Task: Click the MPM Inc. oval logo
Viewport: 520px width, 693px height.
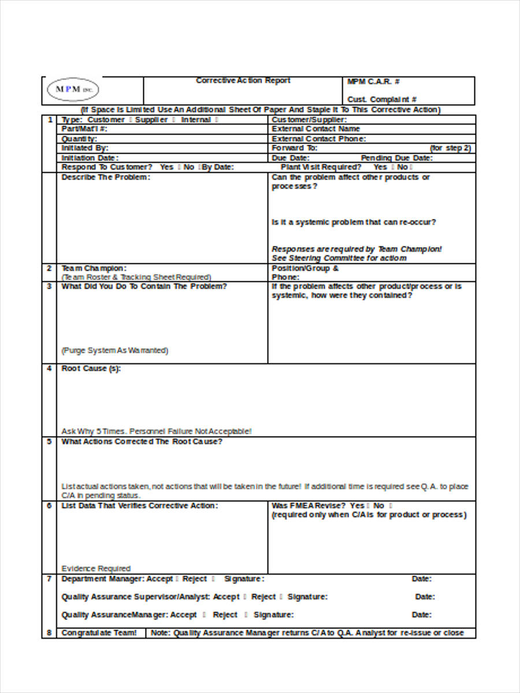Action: pyautogui.click(x=74, y=90)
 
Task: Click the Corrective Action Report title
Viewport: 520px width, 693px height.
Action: pyautogui.click(x=243, y=81)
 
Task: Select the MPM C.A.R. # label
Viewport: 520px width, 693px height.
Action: pyautogui.click(x=374, y=82)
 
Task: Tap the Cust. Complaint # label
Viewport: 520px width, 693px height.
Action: pyautogui.click(x=382, y=99)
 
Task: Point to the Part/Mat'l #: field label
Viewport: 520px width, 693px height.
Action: pyautogui.click(x=84, y=129)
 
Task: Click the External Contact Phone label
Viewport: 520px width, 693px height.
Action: pyautogui.click(x=319, y=139)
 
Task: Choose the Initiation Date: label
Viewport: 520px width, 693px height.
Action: pyautogui.click(x=90, y=158)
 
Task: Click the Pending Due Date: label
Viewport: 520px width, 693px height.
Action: pyautogui.click(x=397, y=158)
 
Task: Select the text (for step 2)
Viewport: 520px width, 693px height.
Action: pyautogui.click(x=451, y=148)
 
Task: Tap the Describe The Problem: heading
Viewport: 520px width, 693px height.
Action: pyautogui.click(x=106, y=177)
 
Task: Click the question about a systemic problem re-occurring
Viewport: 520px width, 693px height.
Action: pyautogui.click(x=354, y=222)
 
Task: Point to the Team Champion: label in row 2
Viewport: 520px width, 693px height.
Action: pyautogui.click(x=94, y=269)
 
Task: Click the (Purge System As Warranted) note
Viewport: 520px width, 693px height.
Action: pyautogui.click(x=115, y=351)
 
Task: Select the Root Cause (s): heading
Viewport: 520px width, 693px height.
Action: pyautogui.click(x=91, y=369)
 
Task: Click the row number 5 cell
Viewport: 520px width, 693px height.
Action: pyautogui.click(x=49, y=442)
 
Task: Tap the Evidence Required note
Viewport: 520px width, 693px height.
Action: pyautogui.click(x=96, y=568)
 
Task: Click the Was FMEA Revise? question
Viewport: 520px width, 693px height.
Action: pyautogui.click(x=309, y=506)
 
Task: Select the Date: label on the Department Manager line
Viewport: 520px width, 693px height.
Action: pyautogui.click(x=422, y=579)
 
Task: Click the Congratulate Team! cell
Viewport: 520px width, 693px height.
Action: pyautogui.click(x=99, y=633)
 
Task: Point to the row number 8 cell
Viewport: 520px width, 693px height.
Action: pyautogui.click(x=49, y=633)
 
